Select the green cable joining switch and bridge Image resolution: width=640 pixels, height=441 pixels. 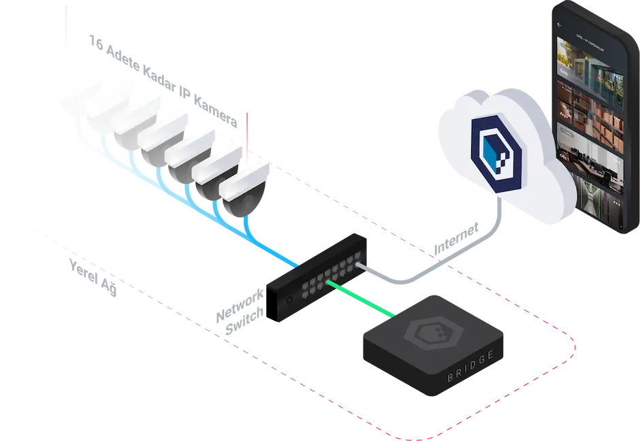click(x=361, y=297)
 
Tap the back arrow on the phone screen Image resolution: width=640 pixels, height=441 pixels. click(x=560, y=24)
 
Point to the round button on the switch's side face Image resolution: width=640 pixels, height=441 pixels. click(x=289, y=299)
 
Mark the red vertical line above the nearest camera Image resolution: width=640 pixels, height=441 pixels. click(x=248, y=136)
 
